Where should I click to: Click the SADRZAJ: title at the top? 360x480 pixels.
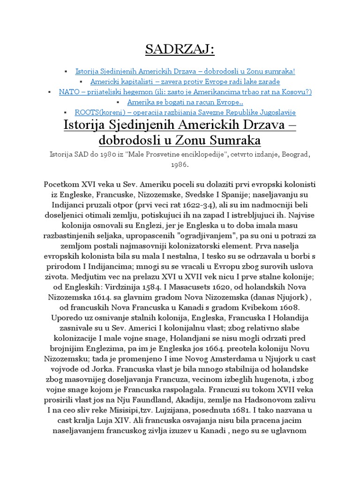coord(180,49)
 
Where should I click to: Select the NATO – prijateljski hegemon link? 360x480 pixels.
coord(185,92)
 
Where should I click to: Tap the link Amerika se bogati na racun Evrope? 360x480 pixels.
coord(185,102)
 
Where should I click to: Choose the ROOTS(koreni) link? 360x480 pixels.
coord(185,112)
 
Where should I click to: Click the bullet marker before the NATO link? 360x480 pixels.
coord(50,92)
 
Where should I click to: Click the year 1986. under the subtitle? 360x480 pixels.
coord(180,165)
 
